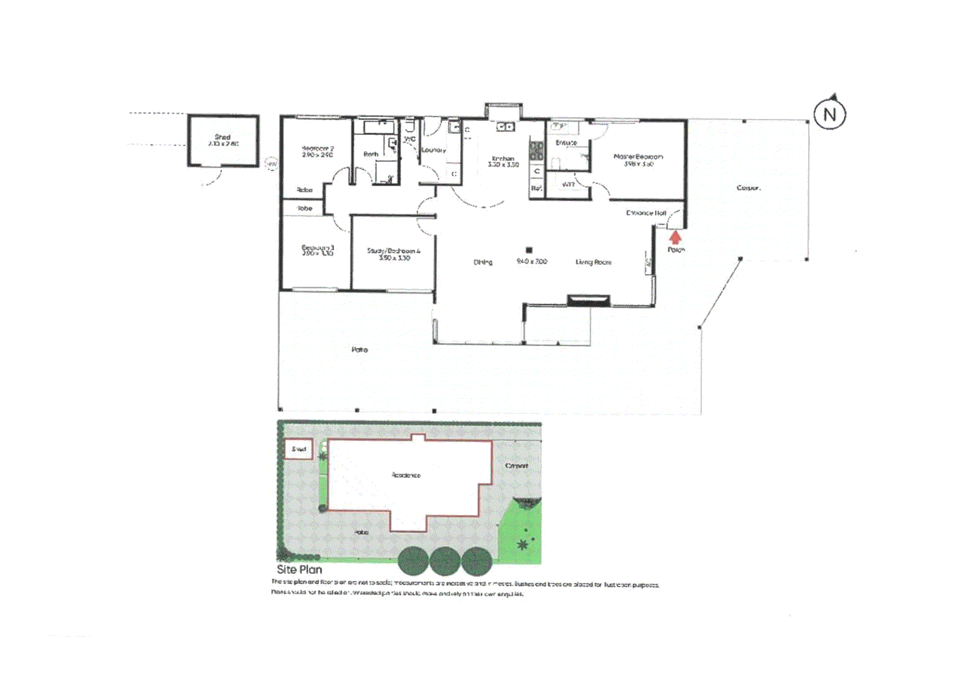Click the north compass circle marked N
coord(830,115)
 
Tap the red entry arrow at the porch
coord(675,237)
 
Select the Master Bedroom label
coord(638,157)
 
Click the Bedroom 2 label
coord(317,148)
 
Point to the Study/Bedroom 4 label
coord(393,251)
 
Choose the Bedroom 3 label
coord(317,248)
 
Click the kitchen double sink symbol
coord(505,127)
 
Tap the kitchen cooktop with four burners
coord(536,151)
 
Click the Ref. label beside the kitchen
coord(536,188)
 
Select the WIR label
coord(568,184)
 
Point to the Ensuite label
coord(566,143)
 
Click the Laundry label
coord(433,150)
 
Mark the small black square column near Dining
coord(529,250)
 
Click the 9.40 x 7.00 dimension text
coord(532,261)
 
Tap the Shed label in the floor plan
coord(223,137)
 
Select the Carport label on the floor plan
coord(748,188)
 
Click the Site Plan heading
coord(299,569)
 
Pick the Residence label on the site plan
coord(406,475)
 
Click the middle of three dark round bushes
coord(445,562)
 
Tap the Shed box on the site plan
coord(298,449)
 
